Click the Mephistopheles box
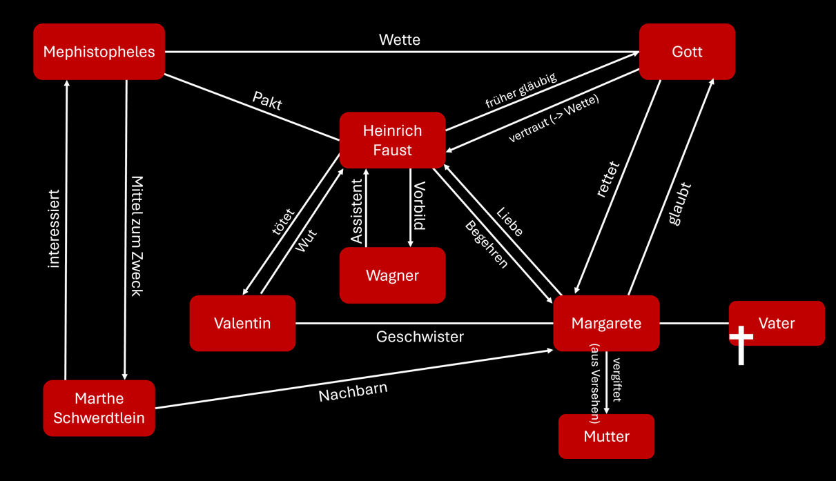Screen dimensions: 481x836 [x=99, y=52]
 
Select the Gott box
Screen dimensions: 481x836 [x=687, y=52]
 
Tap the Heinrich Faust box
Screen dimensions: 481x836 [x=392, y=140]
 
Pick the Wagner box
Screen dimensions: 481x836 [x=392, y=275]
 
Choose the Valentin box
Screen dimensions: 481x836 [x=242, y=323]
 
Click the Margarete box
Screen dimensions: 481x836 [x=606, y=323]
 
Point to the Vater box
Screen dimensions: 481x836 [x=777, y=323]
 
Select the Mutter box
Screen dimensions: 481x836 [x=606, y=436]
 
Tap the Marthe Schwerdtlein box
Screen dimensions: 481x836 [x=99, y=408]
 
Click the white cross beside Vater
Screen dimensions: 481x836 [x=741, y=344]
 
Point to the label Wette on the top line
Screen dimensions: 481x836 [x=400, y=40]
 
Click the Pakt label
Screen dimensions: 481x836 [x=267, y=101]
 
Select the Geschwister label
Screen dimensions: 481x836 [x=420, y=337]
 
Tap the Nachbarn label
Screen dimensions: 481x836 [x=353, y=392]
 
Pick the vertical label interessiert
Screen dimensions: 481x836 [x=55, y=228]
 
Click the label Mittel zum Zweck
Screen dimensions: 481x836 [x=137, y=235]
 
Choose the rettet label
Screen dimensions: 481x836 [x=608, y=180]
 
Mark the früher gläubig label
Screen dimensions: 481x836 [x=521, y=90]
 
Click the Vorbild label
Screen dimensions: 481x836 [x=419, y=206]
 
